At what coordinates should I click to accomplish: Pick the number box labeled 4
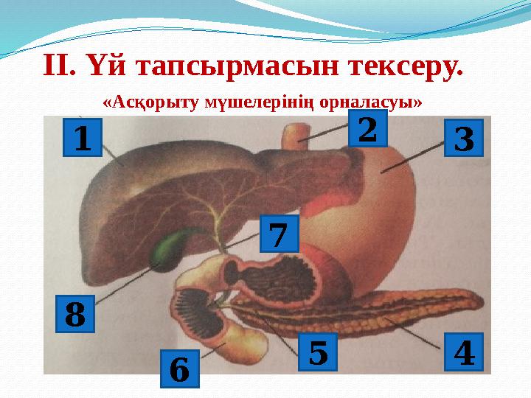pyautogui.click(x=464, y=352)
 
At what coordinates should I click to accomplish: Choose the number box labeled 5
pyautogui.click(x=317, y=352)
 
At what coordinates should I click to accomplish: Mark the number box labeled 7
pyautogui.click(x=279, y=234)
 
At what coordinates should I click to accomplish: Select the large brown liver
pyautogui.click(x=147, y=192)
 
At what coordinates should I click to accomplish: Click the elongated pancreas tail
pyautogui.click(x=413, y=310)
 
